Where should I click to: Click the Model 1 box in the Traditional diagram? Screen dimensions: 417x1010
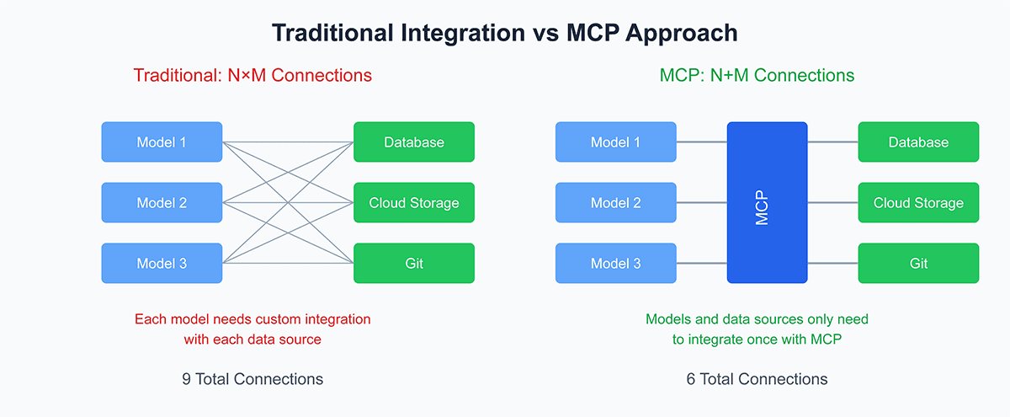point(162,142)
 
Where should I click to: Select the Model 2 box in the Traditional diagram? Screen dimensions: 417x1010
point(162,202)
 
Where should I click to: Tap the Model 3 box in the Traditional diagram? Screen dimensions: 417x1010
point(162,263)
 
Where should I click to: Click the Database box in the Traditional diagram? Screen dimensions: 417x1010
point(414,142)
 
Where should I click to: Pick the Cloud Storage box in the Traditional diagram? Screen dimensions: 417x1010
point(414,202)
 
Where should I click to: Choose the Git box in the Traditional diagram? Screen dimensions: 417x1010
point(414,263)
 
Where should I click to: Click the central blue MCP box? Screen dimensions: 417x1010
point(767,202)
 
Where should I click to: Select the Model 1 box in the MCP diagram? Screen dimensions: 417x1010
point(615,142)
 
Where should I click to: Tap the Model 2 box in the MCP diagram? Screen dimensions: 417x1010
point(615,202)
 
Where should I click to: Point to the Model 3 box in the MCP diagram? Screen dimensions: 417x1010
point(615,263)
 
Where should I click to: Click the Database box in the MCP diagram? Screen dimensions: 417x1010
point(918,142)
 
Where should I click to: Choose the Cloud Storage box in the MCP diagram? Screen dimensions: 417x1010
point(918,202)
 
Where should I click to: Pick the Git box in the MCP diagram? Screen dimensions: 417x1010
point(918,263)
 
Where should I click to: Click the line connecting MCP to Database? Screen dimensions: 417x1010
point(832,142)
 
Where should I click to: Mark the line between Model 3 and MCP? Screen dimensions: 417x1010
point(701,263)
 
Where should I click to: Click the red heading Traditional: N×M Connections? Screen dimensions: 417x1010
point(252,75)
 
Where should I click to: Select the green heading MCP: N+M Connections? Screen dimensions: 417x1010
point(757,75)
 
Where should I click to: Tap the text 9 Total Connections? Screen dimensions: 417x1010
point(252,378)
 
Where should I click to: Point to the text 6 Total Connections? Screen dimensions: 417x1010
point(757,378)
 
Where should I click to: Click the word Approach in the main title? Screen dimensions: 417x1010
point(678,33)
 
